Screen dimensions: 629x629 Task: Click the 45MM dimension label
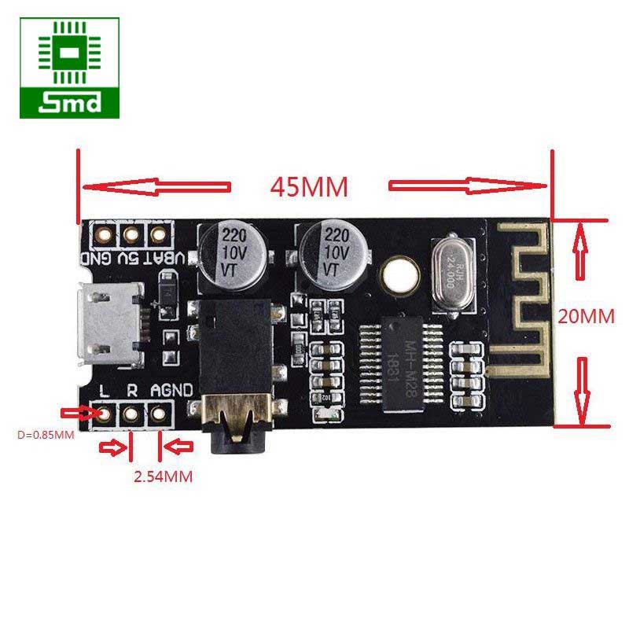coord(309,187)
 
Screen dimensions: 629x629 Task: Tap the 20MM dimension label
coord(586,316)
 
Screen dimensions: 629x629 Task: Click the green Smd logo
coord(71,68)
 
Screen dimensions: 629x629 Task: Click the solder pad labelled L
coord(102,413)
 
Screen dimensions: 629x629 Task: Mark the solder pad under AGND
coord(159,413)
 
